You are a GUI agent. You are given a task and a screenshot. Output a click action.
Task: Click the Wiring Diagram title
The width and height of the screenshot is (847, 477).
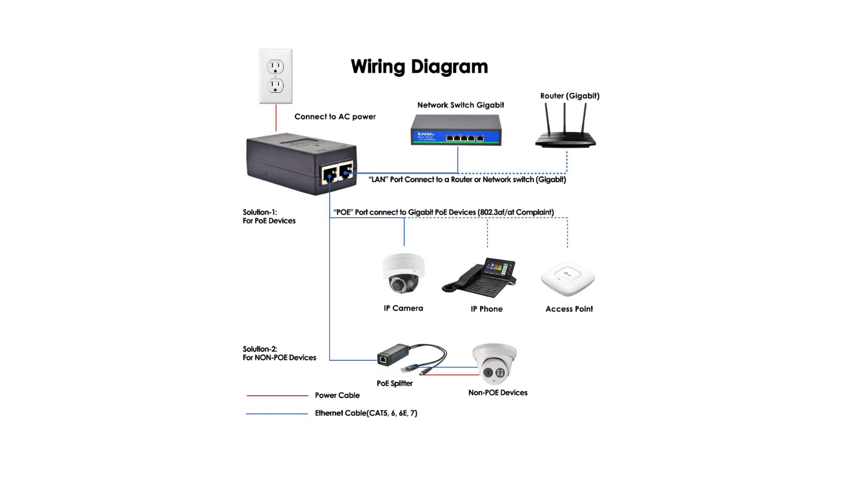pos(419,67)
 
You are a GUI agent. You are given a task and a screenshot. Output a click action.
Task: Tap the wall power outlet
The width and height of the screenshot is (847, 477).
pos(275,76)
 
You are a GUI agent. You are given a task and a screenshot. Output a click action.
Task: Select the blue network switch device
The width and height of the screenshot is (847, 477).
pos(456,130)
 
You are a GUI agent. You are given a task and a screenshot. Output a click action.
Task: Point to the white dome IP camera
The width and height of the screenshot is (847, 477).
pos(403,273)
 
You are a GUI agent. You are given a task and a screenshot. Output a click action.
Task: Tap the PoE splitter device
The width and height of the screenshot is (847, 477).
pos(393,355)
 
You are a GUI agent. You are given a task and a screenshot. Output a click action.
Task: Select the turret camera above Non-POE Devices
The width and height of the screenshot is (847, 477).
pos(494,363)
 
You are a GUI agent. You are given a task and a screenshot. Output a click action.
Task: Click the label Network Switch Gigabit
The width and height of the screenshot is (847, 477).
pos(461,105)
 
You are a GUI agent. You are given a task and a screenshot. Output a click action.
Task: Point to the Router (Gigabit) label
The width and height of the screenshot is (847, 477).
pos(570,96)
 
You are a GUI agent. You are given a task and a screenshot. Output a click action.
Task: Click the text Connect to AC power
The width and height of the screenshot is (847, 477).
pos(335,117)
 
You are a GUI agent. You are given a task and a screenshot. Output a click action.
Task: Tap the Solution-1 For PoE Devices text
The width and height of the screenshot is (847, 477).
pos(269,216)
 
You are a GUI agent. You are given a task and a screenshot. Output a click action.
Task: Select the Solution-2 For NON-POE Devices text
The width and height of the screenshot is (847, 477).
pos(279,353)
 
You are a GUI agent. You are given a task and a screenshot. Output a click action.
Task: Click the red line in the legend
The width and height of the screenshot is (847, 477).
pos(277,395)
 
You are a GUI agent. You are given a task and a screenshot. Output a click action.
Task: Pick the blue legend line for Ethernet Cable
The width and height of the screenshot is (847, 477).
pos(277,413)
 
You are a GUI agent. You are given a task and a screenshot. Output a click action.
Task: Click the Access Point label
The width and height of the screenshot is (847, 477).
pos(569,309)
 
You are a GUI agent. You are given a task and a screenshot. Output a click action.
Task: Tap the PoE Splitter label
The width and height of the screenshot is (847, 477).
pos(394,383)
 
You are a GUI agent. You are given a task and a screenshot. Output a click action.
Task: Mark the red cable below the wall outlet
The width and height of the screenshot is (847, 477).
pos(276,118)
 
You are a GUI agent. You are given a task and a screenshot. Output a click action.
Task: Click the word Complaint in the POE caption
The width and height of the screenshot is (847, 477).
pos(534,213)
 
